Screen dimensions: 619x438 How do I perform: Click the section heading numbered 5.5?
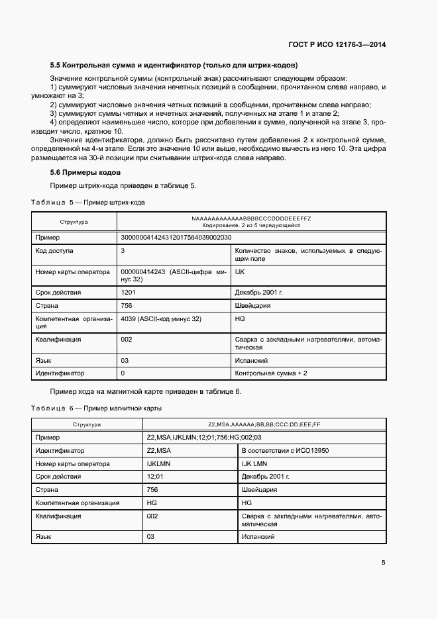tap(174, 65)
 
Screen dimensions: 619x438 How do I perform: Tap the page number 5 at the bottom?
tap(384, 563)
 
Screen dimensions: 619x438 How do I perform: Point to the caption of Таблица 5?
tap(88, 201)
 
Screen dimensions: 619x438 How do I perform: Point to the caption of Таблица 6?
tap(96, 408)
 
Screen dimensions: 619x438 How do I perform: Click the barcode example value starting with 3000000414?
tap(176, 237)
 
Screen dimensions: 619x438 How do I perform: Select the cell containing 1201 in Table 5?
tap(129, 292)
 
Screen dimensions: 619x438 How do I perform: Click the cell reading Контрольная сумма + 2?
tap(270, 373)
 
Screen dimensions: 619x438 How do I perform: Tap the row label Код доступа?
tap(55, 251)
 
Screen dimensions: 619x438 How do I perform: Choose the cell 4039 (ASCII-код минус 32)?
tap(162, 319)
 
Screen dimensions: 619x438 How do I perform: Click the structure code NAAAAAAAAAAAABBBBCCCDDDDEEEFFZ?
tap(251, 218)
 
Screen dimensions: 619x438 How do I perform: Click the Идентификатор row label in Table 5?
tap(60, 373)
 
